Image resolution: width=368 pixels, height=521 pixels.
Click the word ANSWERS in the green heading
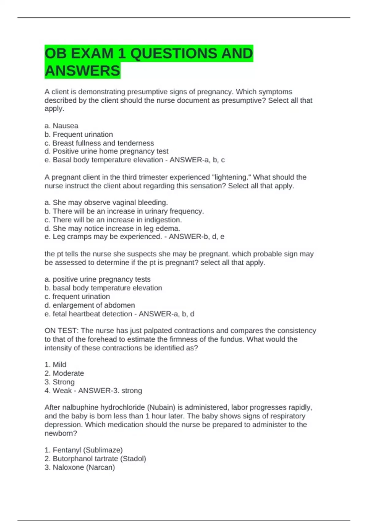tap(82, 71)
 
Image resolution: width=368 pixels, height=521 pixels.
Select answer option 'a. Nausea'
tap(61, 126)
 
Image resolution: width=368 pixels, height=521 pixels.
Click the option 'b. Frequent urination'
tap(79, 134)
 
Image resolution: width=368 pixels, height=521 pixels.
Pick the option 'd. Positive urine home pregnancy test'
tap(106, 151)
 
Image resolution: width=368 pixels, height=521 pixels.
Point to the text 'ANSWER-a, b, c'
tap(197, 160)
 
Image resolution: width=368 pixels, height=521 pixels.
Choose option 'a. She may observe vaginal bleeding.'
tap(106, 203)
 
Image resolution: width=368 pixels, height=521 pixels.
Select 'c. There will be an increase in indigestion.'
tap(113, 220)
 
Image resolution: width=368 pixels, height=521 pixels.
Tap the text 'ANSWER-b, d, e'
tap(196, 237)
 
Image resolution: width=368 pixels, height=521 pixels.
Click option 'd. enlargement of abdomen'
tap(90, 305)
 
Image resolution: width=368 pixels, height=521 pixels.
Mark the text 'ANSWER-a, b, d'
tap(166, 314)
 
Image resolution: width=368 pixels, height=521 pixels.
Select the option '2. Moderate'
tap(64, 373)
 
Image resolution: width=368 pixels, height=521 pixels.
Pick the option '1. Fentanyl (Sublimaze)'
tap(83, 450)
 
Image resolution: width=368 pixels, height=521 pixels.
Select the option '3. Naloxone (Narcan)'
tap(79, 467)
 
